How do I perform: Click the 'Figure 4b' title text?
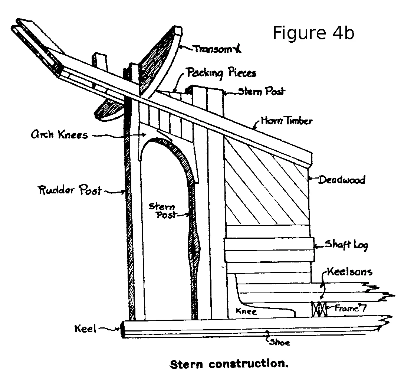pyautogui.click(x=313, y=33)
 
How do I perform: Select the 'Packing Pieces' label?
pyautogui.click(x=221, y=73)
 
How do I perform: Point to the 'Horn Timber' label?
pyautogui.click(x=286, y=121)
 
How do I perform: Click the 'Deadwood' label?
pyautogui.click(x=342, y=180)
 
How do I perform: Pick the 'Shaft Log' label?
pyautogui.click(x=346, y=245)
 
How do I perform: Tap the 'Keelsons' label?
pyautogui.click(x=350, y=272)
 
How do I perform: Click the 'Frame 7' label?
pyautogui.click(x=350, y=308)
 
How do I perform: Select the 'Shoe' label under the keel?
pyautogui.click(x=279, y=343)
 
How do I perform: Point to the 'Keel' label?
pyautogui.click(x=85, y=329)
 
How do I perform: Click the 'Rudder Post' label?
pyautogui.click(x=70, y=190)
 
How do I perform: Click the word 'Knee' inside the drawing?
pyautogui.click(x=246, y=311)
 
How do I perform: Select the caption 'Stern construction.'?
pyautogui.click(x=229, y=364)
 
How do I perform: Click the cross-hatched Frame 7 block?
pyautogui.click(x=319, y=309)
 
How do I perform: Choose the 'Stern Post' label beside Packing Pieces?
pyautogui.click(x=262, y=91)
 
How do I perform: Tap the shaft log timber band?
pyautogui.click(x=269, y=249)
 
